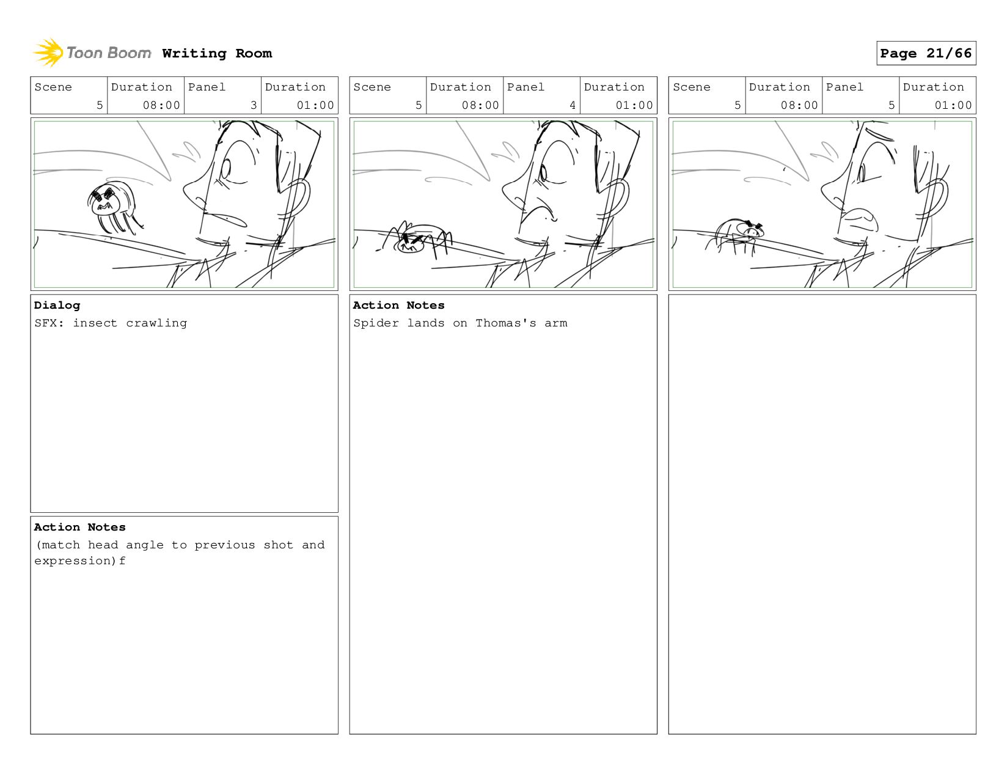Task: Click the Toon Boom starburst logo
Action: (48, 53)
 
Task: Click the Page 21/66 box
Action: (926, 53)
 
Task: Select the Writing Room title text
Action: (217, 54)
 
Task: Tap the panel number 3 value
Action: (253, 105)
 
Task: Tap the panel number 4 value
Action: (572, 105)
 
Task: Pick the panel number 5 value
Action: (891, 105)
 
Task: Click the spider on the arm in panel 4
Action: (414, 240)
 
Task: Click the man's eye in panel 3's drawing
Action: (225, 169)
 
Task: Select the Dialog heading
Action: (57, 305)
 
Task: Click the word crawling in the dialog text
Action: (156, 323)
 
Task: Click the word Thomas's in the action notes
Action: (505, 323)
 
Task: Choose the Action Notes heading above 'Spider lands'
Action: (398, 305)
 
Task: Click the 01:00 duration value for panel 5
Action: (953, 105)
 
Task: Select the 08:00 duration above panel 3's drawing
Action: (161, 105)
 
